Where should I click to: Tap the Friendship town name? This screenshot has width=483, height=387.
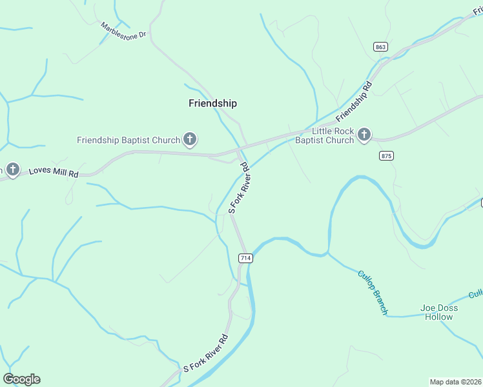(x=212, y=103)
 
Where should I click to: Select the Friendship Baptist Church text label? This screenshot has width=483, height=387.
(x=128, y=140)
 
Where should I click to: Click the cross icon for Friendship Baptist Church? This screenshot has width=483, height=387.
(x=190, y=139)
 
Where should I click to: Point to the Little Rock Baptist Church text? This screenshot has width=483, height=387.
(x=325, y=135)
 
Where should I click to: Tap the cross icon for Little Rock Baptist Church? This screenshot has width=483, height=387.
(x=364, y=135)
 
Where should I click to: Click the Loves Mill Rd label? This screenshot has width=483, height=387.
(x=54, y=173)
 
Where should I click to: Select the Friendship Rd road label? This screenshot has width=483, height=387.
(x=354, y=99)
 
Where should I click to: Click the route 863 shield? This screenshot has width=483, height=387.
(x=380, y=46)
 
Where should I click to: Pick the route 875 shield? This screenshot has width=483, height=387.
(x=387, y=156)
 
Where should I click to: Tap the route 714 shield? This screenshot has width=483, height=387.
(x=245, y=258)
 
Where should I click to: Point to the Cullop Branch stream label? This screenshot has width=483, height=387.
(x=373, y=292)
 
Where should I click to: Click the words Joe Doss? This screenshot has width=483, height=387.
(x=439, y=308)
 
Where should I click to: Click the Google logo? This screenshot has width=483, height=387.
(x=21, y=379)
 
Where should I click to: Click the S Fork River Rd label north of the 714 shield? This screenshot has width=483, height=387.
(x=239, y=188)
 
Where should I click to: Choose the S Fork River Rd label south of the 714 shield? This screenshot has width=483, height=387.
(x=206, y=353)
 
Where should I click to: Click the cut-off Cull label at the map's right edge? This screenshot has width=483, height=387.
(x=477, y=294)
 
